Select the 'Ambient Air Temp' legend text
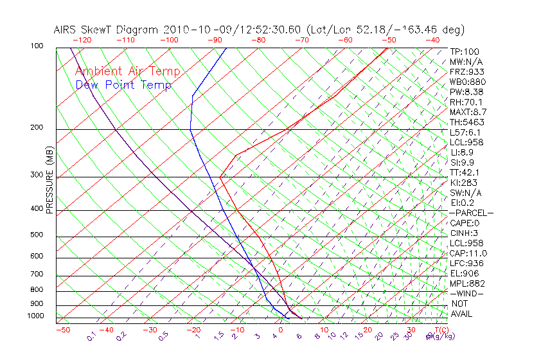(x=127, y=71)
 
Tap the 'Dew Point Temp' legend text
(x=123, y=85)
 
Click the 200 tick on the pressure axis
(x=36, y=127)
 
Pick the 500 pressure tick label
(x=36, y=235)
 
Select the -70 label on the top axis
(x=301, y=39)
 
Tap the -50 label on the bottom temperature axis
(x=62, y=329)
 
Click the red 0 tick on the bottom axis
(x=281, y=329)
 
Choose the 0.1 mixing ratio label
(x=92, y=336)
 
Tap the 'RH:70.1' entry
(x=466, y=102)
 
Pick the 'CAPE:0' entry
(x=465, y=222)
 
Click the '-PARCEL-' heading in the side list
(x=471, y=212)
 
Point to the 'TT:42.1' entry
(x=465, y=172)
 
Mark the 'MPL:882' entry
(x=467, y=283)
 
